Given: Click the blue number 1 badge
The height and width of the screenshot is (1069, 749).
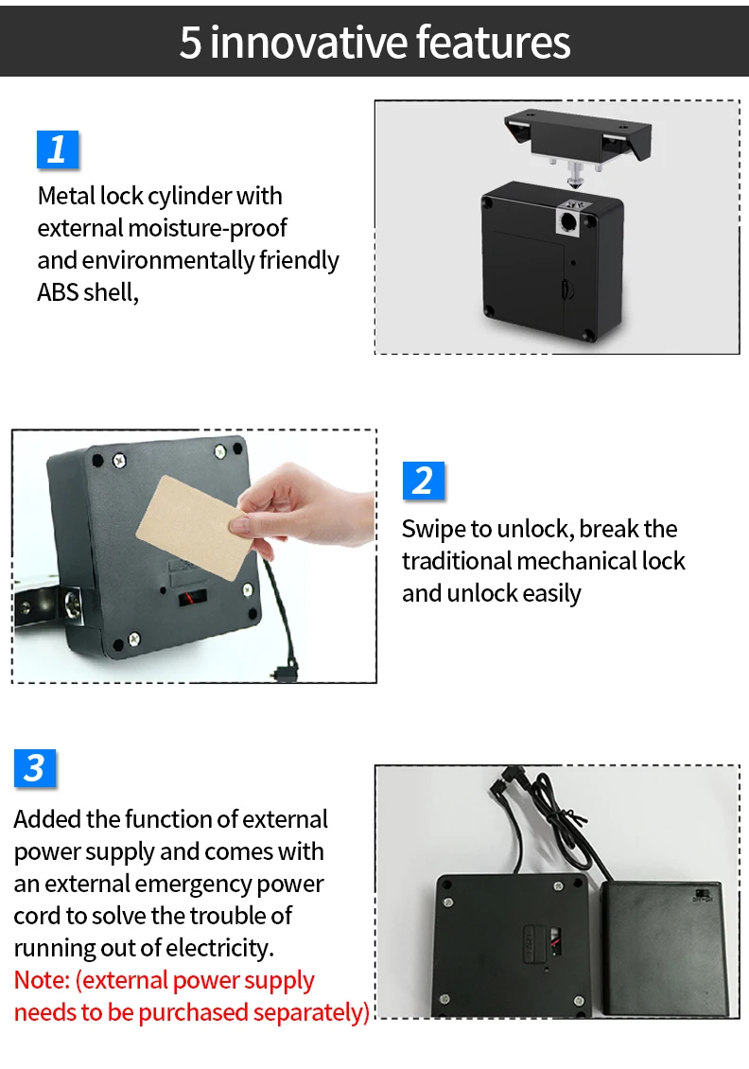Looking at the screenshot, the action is pos(57,149).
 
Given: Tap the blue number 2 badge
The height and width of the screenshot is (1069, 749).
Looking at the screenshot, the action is pos(423,481).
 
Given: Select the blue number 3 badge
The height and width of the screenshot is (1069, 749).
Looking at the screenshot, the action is pos(35,768).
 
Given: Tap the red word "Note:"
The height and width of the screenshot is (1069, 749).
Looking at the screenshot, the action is pos(42,980).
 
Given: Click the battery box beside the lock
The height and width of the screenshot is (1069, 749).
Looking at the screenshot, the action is pos(663,946).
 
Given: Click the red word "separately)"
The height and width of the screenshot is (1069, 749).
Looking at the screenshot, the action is pos(308,1012).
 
